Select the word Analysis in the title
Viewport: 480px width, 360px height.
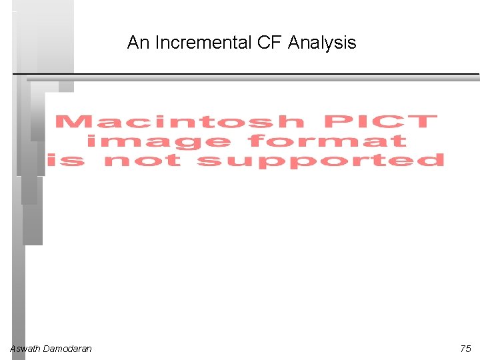[x=322, y=43]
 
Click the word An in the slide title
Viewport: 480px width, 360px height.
[x=138, y=43]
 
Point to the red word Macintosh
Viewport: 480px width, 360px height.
[x=179, y=122]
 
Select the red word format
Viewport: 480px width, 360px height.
[x=327, y=141]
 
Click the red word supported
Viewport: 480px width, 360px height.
[x=321, y=161]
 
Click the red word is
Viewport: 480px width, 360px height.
[x=66, y=161]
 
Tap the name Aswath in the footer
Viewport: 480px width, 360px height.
[x=25, y=349]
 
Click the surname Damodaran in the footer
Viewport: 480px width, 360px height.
[x=67, y=349]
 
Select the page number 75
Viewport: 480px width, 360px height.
[x=465, y=349]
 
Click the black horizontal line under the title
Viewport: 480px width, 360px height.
[x=267, y=73]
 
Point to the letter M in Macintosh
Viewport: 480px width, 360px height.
[x=71, y=122]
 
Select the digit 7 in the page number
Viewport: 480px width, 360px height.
[x=463, y=349]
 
